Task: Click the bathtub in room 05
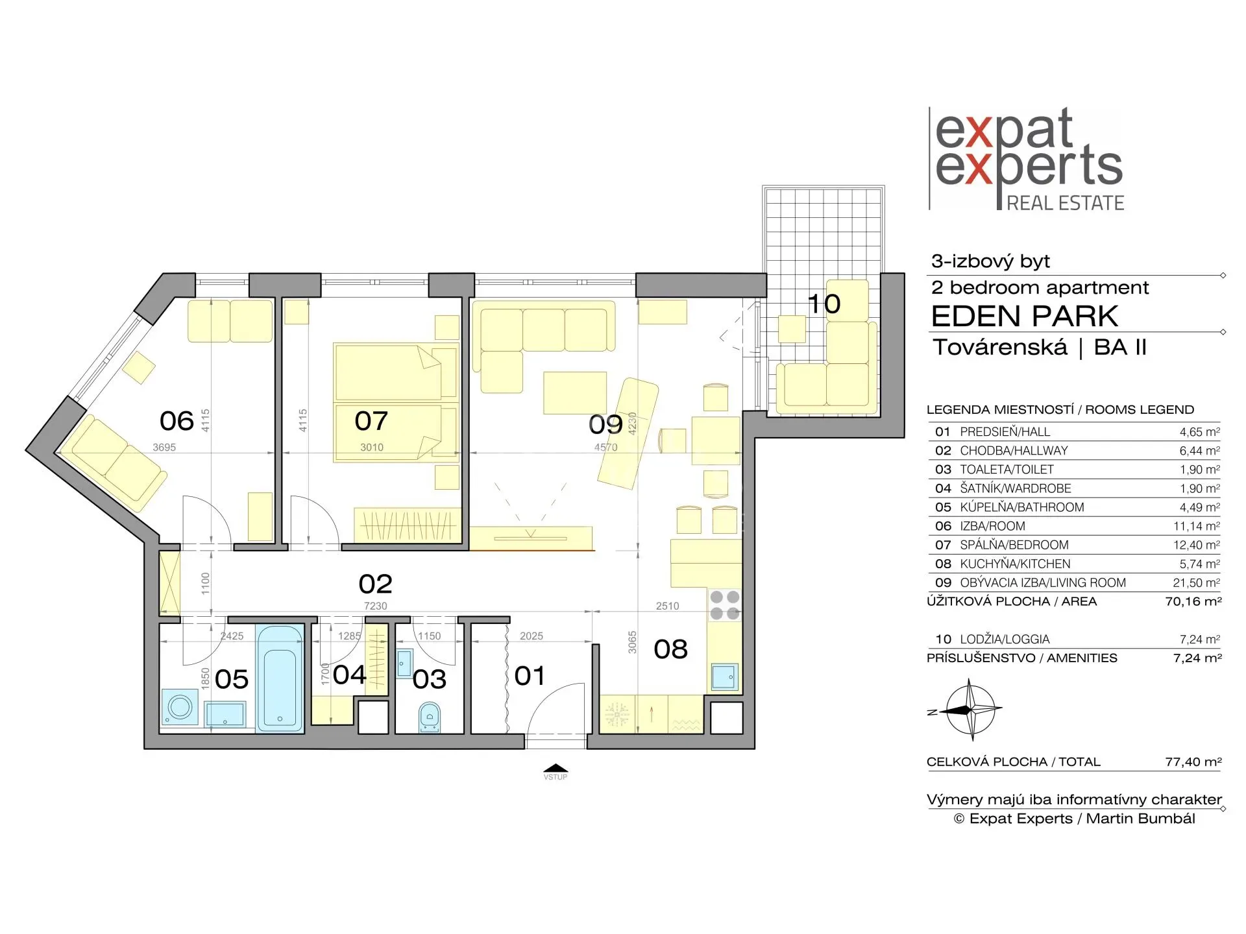tap(280, 678)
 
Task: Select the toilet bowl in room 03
tap(429, 717)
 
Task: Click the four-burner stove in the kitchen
tap(725, 605)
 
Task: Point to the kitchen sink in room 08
tap(724, 677)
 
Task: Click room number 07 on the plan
tap(371, 421)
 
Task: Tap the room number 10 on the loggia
tap(824, 304)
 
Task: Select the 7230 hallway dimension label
tap(375, 606)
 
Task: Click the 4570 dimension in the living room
tap(605, 447)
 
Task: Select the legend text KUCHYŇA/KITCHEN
tap(1015, 564)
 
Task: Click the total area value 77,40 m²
tap(1193, 761)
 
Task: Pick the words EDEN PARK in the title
tap(1025, 317)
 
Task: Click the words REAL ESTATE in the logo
tap(1065, 203)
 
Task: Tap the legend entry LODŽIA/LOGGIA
tap(1005, 639)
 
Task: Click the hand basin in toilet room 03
tap(404, 661)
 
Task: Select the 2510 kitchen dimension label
tap(667, 606)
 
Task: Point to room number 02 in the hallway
tap(375, 584)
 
